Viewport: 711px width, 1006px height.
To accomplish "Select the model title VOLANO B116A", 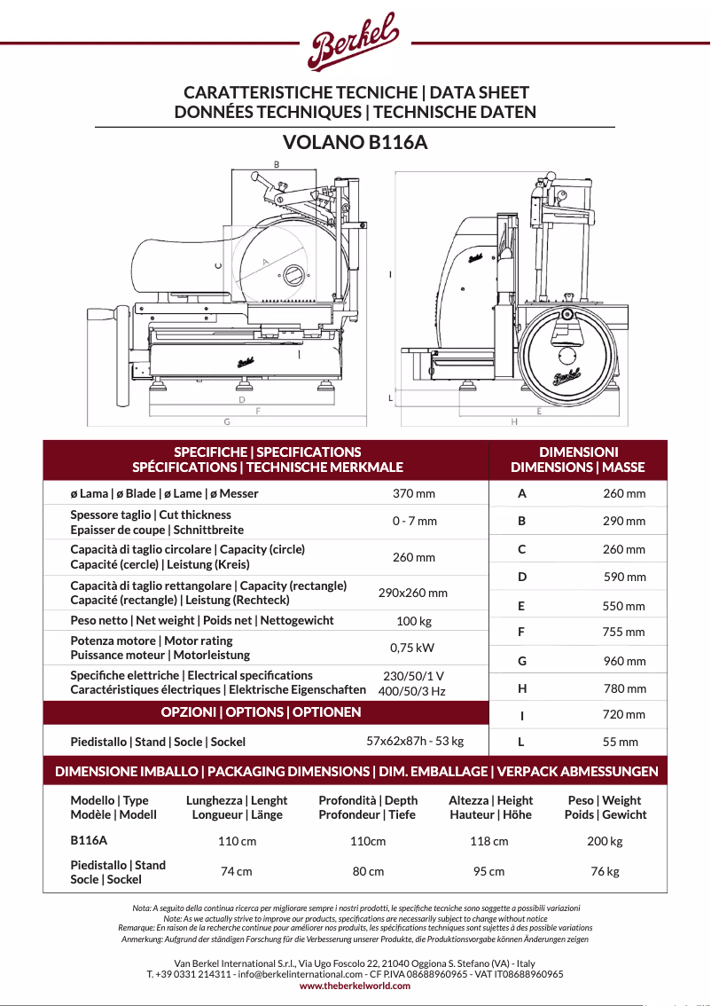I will click(x=355, y=142).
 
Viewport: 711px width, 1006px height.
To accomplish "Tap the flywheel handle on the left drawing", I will click(x=105, y=315).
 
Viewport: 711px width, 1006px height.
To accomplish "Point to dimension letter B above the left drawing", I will click(x=276, y=164).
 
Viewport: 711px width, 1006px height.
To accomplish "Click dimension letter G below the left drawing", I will click(x=227, y=421).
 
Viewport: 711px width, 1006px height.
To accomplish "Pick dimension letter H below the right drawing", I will click(x=514, y=421).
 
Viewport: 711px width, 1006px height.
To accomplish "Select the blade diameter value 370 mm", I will click(x=414, y=493).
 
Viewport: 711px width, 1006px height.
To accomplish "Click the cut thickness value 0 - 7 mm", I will click(x=414, y=521).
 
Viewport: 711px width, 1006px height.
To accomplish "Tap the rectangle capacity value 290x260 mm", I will click(x=413, y=593).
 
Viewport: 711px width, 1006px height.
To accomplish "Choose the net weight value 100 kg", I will click(x=414, y=621).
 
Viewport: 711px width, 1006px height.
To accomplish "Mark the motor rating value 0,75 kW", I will click(x=413, y=648).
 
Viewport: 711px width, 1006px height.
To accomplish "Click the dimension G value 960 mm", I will click(x=624, y=661).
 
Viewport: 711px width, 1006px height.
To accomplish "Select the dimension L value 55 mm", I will click(x=621, y=742).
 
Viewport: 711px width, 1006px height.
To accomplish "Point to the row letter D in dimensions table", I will click(x=522, y=577).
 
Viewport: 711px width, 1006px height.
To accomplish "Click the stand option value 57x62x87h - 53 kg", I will click(x=415, y=740).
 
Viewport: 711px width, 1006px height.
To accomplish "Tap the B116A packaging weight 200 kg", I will click(x=605, y=841).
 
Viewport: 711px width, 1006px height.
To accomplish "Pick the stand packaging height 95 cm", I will click(x=489, y=871).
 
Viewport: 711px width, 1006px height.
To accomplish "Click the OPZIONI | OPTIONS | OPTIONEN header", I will click(x=261, y=712).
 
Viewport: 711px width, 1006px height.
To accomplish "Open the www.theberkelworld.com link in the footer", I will click(x=355, y=986).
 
